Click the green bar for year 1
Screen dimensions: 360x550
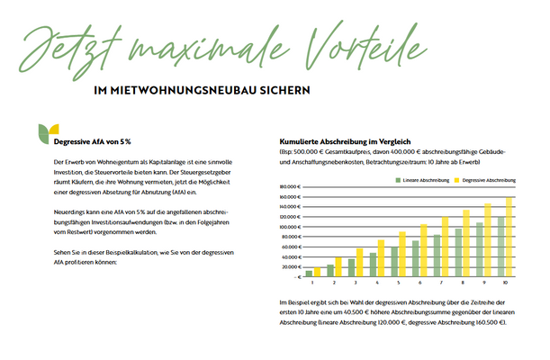309,273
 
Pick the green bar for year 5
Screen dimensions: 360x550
394,261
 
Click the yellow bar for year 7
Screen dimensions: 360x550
445,247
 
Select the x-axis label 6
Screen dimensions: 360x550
420,283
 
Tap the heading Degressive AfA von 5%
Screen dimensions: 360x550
93,142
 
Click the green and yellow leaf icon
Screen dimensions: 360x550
40,134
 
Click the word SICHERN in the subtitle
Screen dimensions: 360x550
288,91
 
